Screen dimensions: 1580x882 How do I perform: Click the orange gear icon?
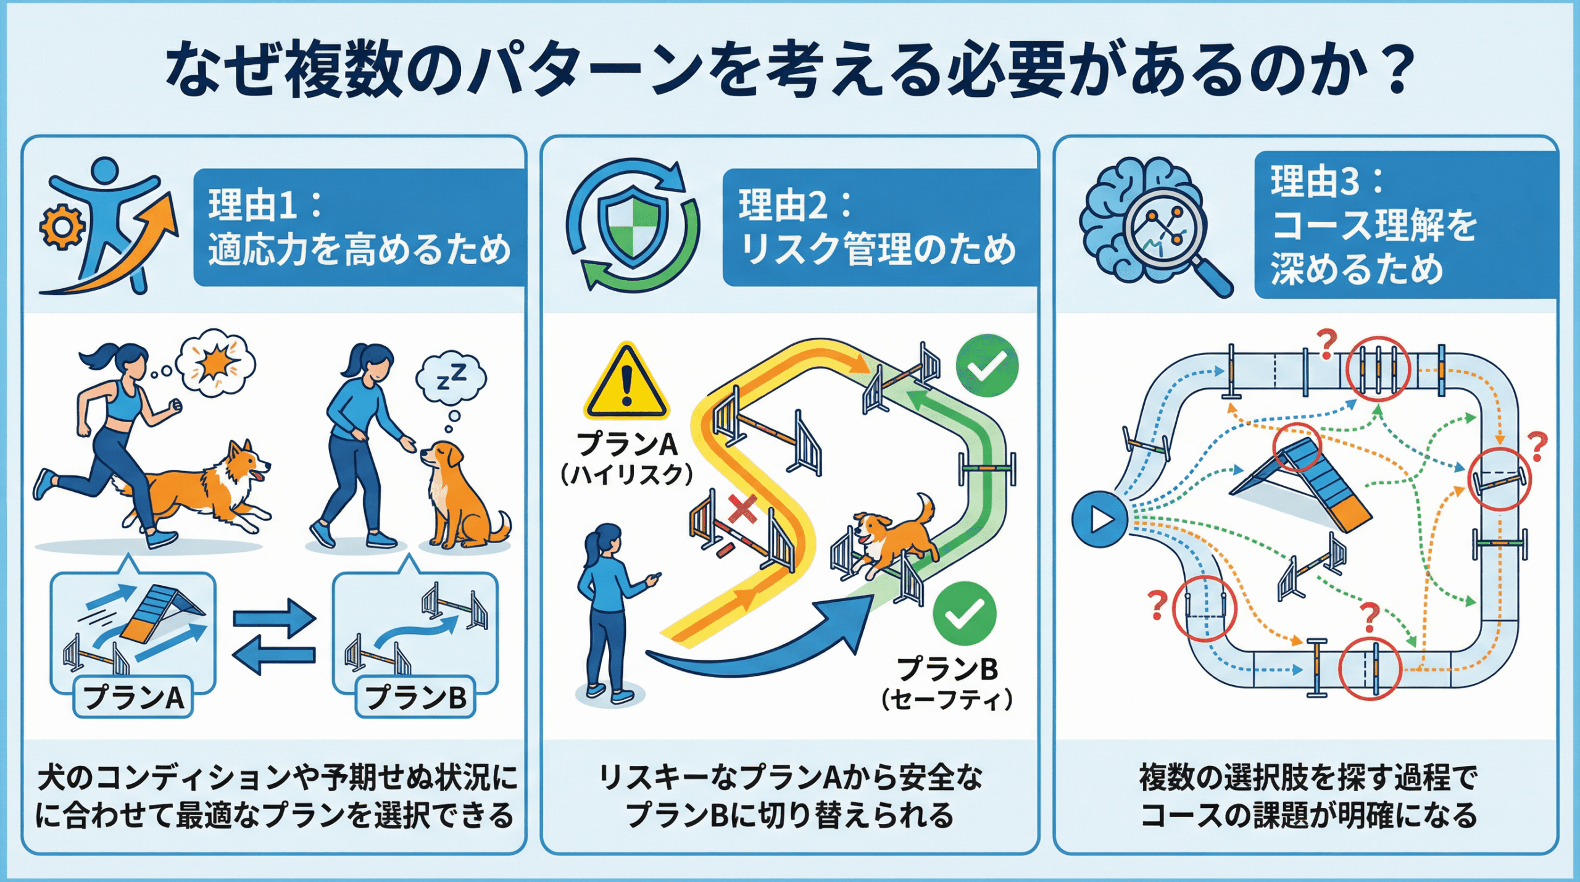pos(62,227)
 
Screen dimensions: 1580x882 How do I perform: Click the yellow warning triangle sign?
pos(626,381)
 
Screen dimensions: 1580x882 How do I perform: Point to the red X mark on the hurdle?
pos(742,510)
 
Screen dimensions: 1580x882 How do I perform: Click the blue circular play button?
pos(1100,519)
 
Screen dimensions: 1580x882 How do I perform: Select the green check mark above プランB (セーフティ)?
pos(964,614)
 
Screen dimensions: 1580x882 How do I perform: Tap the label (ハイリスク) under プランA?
pos(626,475)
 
